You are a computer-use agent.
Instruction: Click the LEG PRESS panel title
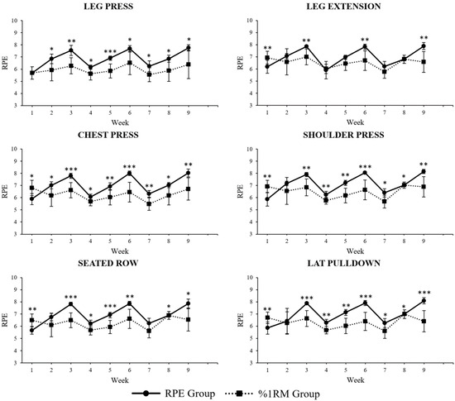112,7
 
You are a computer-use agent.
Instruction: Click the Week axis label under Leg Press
111,122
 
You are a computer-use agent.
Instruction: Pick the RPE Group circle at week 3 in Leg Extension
307,47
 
